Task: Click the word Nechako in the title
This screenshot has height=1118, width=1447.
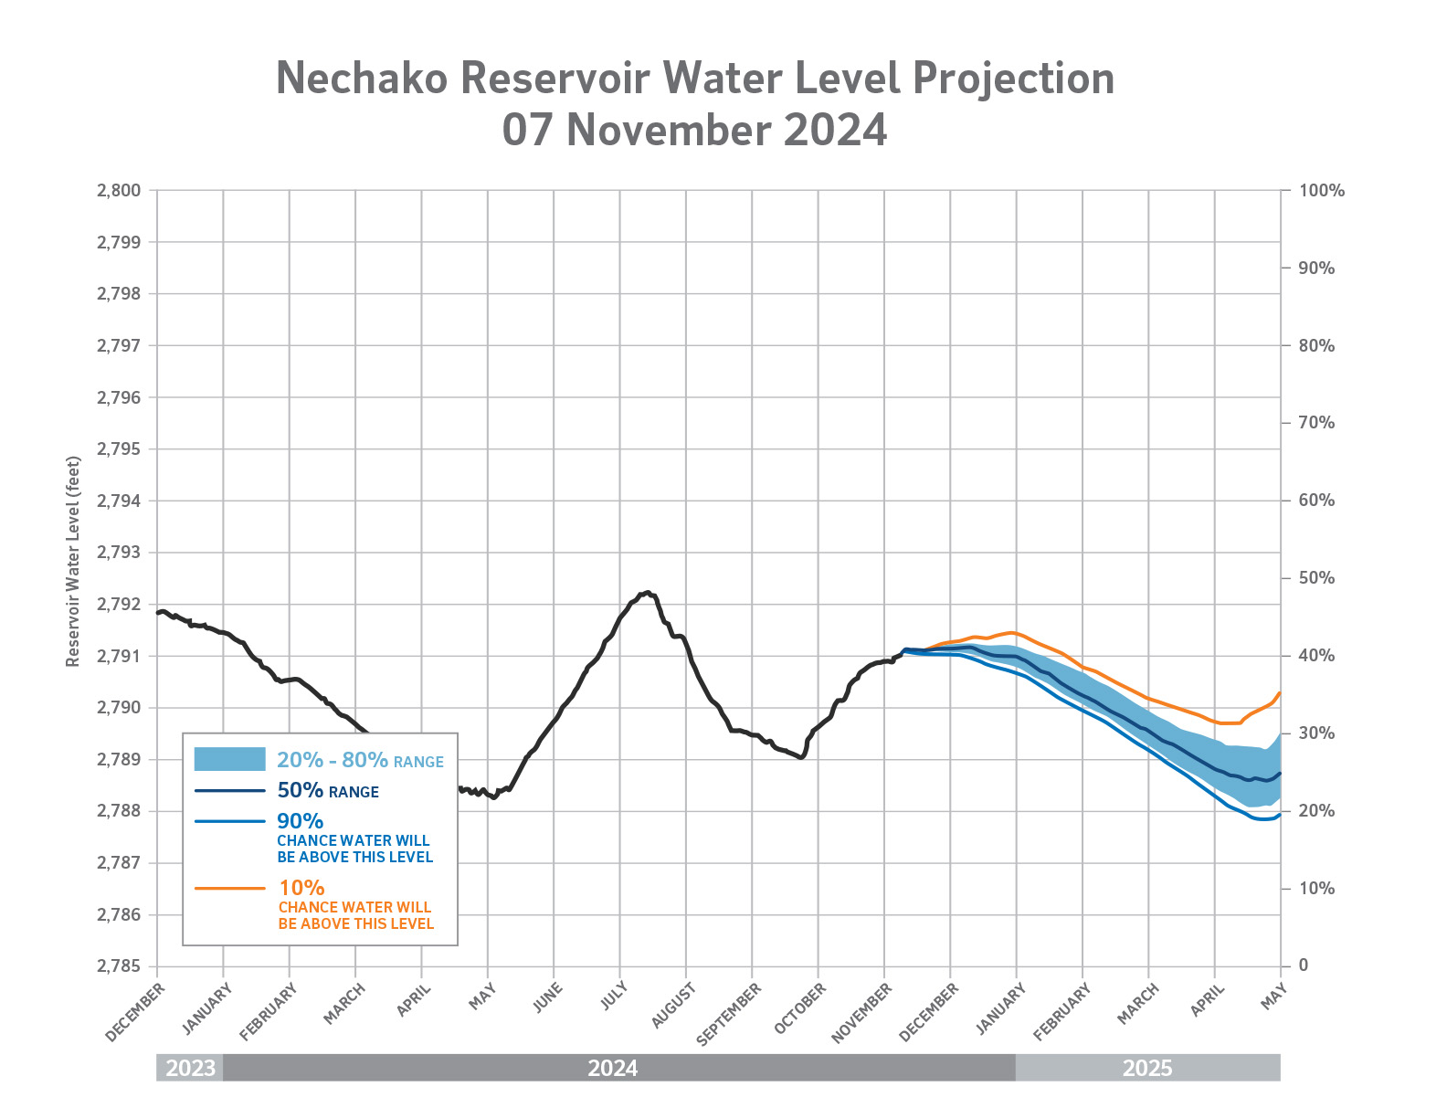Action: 362,79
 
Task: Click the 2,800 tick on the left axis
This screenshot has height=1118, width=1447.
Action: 118,191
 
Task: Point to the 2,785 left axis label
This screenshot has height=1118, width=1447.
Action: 118,966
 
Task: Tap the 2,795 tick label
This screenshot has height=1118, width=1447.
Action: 118,449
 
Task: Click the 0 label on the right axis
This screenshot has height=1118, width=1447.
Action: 1304,965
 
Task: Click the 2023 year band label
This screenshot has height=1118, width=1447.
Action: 190,1068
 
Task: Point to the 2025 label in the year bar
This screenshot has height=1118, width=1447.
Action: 1147,1068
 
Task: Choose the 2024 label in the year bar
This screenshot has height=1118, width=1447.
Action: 613,1068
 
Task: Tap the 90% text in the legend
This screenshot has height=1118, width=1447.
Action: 301,821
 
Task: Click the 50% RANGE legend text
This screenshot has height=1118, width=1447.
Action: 327,791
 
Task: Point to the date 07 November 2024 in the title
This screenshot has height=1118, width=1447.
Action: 694,131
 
